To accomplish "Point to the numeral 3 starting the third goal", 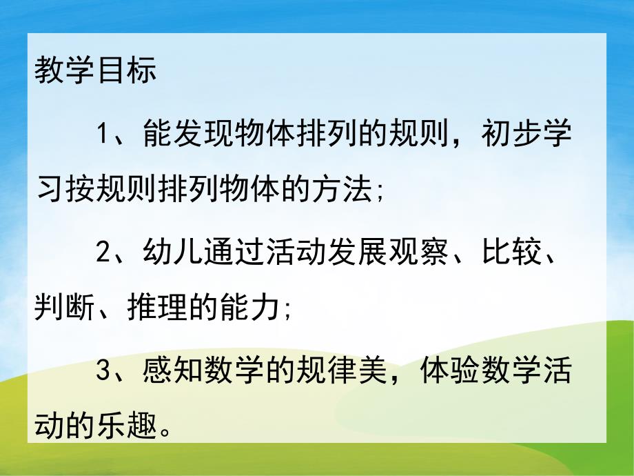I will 103,373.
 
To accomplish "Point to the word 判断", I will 65,309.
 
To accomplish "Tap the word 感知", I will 173,373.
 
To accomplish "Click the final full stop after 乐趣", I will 165,431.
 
